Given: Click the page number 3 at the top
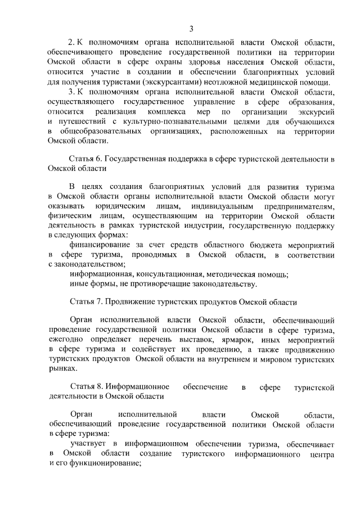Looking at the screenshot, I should (x=191, y=29).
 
